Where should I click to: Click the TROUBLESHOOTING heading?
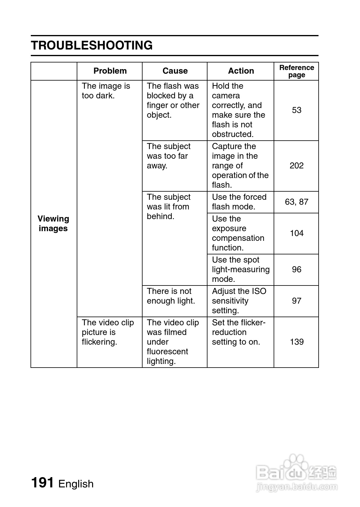click(x=92, y=45)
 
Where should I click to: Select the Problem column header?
click(x=110, y=71)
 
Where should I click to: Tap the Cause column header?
click(x=175, y=71)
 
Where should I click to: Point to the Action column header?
click(x=241, y=71)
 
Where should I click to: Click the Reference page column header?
click(x=297, y=71)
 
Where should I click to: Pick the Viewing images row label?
click(x=53, y=224)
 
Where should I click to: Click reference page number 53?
click(x=297, y=110)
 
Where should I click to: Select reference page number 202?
click(x=297, y=166)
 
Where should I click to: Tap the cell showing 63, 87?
click(x=297, y=202)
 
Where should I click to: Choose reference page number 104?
click(x=297, y=233)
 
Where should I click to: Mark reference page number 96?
click(x=297, y=269)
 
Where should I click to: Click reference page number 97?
click(x=297, y=301)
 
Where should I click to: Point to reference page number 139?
click(x=297, y=342)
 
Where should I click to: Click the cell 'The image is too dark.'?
click(x=106, y=91)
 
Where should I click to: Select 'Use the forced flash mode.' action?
click(x=239, y=202)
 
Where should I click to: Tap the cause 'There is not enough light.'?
click(x=171, y=296)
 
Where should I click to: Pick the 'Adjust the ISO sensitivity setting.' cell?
click(x=239, y=301)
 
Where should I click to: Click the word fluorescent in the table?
click(x=167, y=352)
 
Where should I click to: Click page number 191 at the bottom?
click(x=43, y=483)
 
